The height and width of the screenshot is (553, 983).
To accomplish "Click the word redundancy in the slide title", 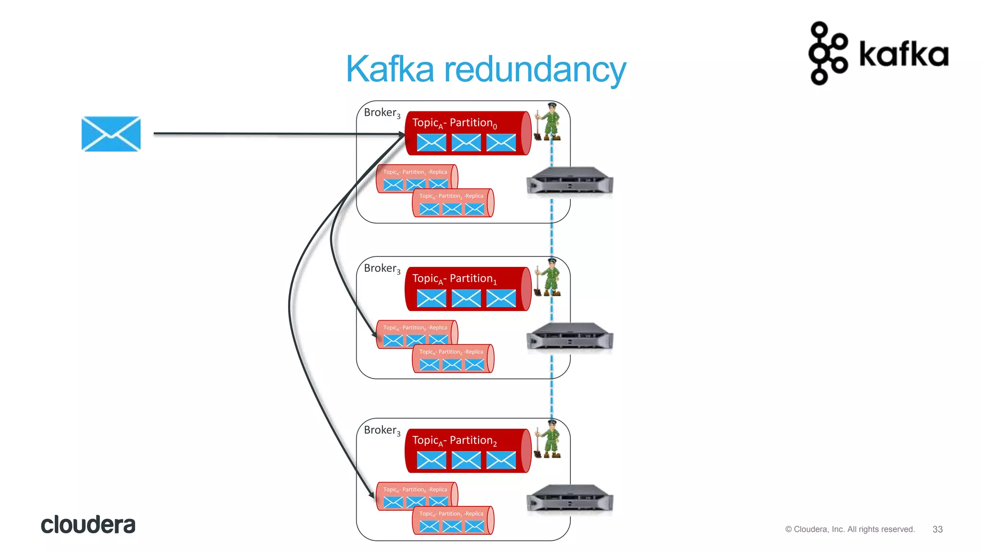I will (535, 70).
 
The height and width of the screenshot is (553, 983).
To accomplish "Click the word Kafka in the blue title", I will (390, 70).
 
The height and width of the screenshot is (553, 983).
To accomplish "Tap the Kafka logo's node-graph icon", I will (827, 53).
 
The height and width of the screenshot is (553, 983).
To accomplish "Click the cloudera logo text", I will (88, 525).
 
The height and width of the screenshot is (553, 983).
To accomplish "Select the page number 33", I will (937, 529).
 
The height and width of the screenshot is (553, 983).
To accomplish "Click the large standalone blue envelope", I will (111, 134).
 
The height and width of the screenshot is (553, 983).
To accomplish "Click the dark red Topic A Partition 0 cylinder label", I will (454, 123).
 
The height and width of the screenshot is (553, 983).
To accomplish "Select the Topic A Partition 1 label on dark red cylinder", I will (454, 278).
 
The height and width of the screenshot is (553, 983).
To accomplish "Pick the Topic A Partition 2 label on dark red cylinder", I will (454, 440).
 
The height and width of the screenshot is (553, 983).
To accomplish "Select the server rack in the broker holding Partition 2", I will (569, 498).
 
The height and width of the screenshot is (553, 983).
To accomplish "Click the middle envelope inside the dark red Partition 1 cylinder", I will (466, 298).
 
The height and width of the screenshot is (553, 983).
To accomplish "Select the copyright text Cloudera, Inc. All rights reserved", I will (850, 529).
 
